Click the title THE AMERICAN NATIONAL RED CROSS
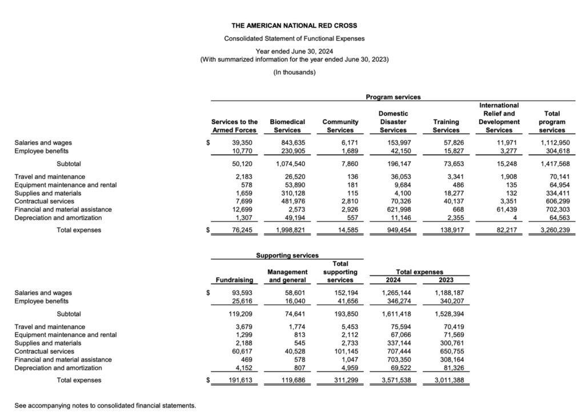(x=294, y=26)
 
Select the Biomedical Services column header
(x=287, y=126)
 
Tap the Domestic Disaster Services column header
(x=393, y=122)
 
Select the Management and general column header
(x=287, y=276)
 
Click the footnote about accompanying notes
(x=105, y=406)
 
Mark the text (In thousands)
(x=294, y=72)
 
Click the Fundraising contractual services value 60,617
(x=239, y=351)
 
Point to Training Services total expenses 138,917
(x=447, y=230)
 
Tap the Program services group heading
(x=393, y=97)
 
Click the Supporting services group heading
(x=287, y=255)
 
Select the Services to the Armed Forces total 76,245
(x=239, y=230)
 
